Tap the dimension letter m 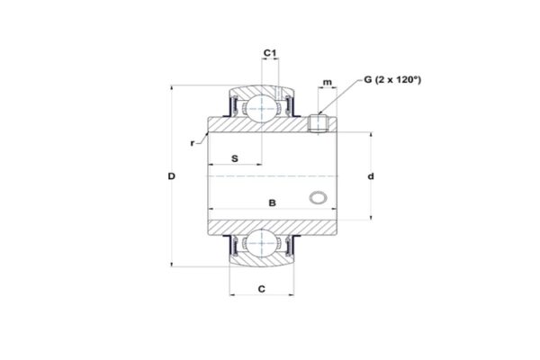pyautogui.click(x=327, y=84)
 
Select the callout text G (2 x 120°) pyautogui.click(x=393, y=81)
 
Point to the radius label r pyautogui.click(x=193, y=143)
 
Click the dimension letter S pyautogui.click(x=235, y=158)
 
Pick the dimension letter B pyautogui.click(x=273, y=202)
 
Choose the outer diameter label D pyautogui.click(x=171, y=175)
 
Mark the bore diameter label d pyautogui.click(x=371, y=176)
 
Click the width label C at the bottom pyautogui.click(x=261, y=289)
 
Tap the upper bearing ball pyautogui.click(x=262, y=109)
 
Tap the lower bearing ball pyautogui.click(x=262, y=243)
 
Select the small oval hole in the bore pyautogui.click(x=318, y=197)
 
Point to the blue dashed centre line pyautogui.click(x=270, y=175)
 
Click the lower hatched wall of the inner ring pyautogui.click(x=270, y=223)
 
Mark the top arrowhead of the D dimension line pyautogui.click(x=171, y=89)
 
